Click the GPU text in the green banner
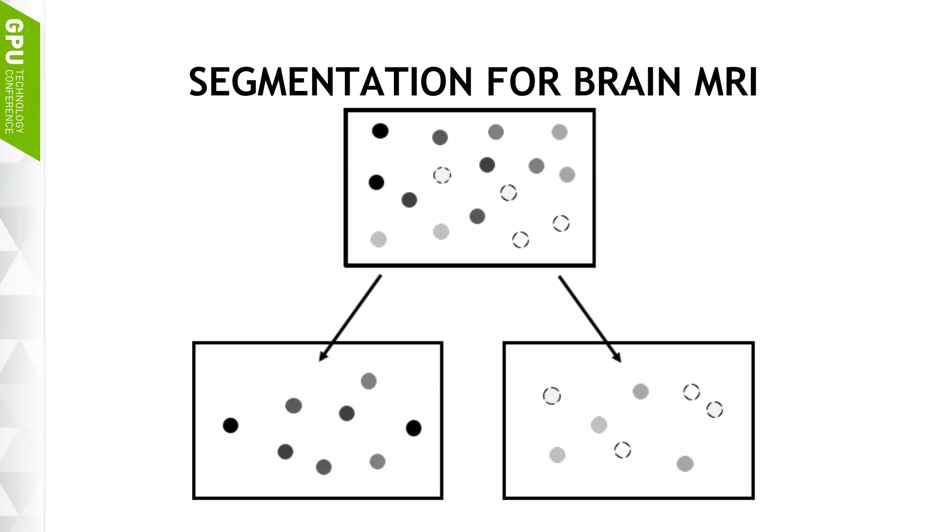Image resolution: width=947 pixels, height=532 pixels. [14, 42]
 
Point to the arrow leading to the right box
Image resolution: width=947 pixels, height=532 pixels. [590, 319]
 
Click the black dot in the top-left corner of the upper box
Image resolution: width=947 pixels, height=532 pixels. [380, 131]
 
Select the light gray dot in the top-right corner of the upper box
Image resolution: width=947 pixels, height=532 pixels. [560, 132]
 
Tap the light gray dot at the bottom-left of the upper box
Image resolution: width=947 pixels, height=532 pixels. [378, 239]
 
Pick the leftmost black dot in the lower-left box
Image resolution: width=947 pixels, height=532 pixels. [230, 425]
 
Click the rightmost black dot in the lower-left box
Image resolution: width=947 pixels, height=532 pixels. [413, 428]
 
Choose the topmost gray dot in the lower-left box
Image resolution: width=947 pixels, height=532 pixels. [369, 381]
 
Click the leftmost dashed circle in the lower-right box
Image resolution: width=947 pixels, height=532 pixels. [552, 396]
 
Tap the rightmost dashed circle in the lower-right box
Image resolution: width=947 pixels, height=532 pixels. [714, 410]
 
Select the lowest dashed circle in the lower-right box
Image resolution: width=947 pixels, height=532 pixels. [622, 450]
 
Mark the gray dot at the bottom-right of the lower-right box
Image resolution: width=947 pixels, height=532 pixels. [685, 464]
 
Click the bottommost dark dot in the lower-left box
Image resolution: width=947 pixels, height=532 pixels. [324, 467]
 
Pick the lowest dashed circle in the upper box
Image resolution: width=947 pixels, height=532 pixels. [521, 240]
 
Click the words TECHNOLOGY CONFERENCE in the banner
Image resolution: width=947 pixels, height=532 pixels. [14, 102]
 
